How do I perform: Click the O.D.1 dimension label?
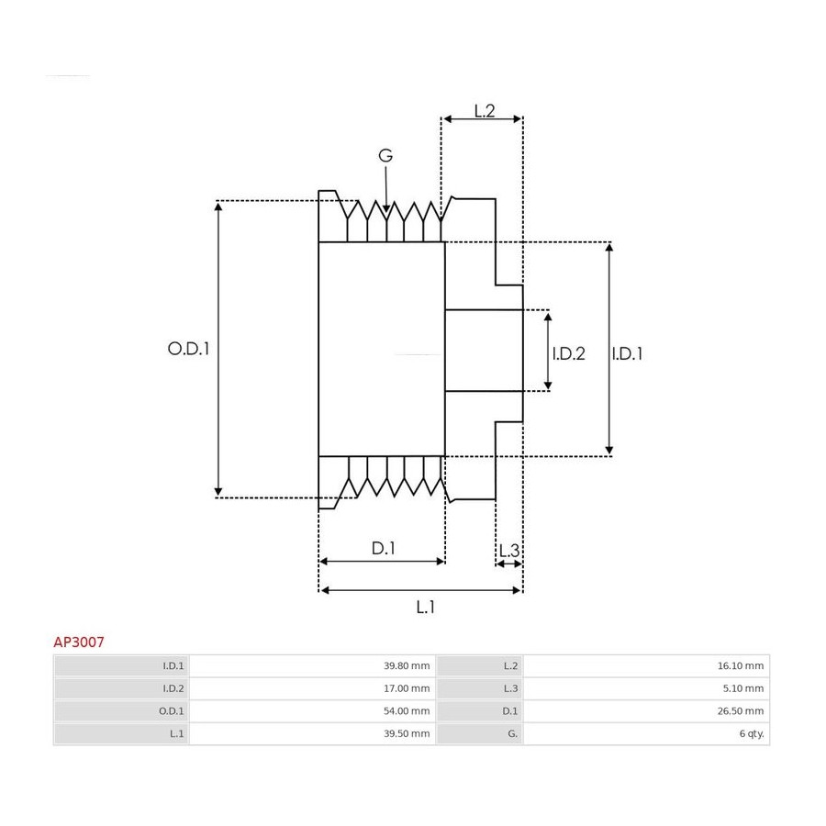[x=188, y=349]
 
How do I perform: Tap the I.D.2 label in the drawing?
[x=568, y=353]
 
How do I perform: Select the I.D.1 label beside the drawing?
[x=627, y=353]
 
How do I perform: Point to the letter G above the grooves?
[x=385, y=155]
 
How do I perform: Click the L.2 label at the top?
[x=485, y=111]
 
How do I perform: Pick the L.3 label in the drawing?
[x=509, y=551]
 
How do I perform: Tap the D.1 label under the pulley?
[x=383, y=549]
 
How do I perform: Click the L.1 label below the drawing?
[x=425, y=608]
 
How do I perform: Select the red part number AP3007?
[x=79, y=642]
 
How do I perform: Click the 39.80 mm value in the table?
[x=407, y=666]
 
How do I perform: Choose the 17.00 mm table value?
[x=407, y=688]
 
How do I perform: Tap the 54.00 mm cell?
[x=407, y=711]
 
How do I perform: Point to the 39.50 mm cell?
[x=407, y=734]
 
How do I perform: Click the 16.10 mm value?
[x=741, y=666]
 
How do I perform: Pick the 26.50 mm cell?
[x=741, y=711]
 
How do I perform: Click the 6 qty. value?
[x=752, y=734]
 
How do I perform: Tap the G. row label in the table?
[x=512, y=734]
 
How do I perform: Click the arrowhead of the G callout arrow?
[x=386, y=209]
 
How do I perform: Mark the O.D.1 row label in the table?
[x=172, y=711]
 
